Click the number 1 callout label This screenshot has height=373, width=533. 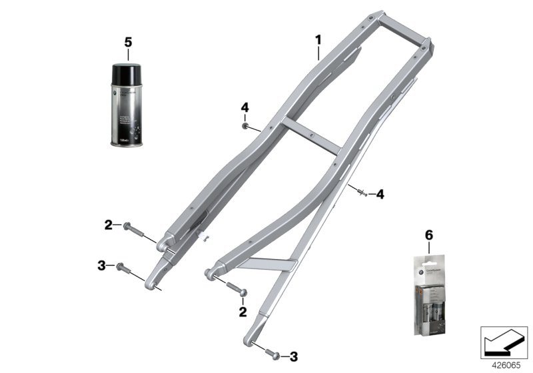(x=318, y=41)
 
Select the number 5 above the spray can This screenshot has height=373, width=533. (x=128, y=42)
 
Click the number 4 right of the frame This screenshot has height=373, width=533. (x=380, y=194)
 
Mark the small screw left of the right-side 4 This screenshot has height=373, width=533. (x=362, y=193)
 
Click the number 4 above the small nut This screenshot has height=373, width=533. (x=245, y=107)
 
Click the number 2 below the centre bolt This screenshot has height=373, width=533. (x=242, y=310)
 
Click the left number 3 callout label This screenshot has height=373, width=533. (x=102, y=266)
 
